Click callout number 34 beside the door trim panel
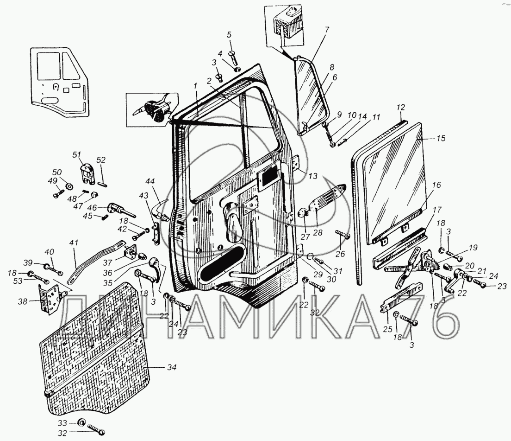(x=171, y=368)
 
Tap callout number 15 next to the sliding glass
(x=441, y=138)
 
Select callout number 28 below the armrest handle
(x=318, y=232)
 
